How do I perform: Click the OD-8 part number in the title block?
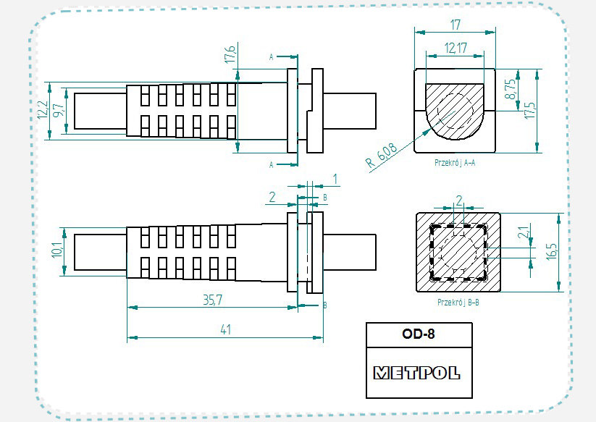(x=418, y=334)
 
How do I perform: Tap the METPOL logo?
(x=418, y=374)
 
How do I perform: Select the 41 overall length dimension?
(x=225, y=329)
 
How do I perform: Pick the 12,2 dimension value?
(x=43, y=110)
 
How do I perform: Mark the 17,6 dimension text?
(x=230, y=54)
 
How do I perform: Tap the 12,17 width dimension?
(x=456, y=48)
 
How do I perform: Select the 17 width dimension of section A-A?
(x=455, y=25)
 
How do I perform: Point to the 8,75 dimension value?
(x=511, y=88)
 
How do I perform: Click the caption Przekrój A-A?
(x=454, y=163)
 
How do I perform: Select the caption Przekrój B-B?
(x=458, y=302)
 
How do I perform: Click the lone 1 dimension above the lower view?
(x=335, y=178)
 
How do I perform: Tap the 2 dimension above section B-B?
(x=458, y=199)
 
